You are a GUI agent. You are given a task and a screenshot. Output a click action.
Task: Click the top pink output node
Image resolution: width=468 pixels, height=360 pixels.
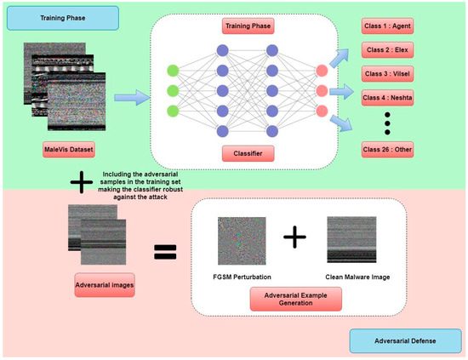pyautogui.click(x=322, y=71)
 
